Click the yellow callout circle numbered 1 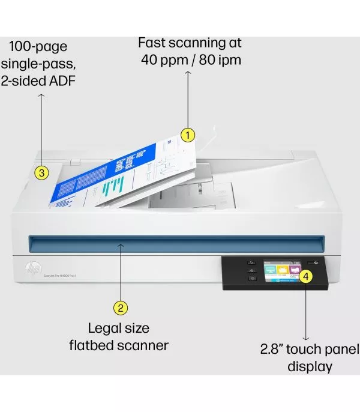(188, 135)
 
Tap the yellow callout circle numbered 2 (121, 308)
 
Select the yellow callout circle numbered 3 (41, 173)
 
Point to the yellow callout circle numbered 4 (305, 276)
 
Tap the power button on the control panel (316, 263)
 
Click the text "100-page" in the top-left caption (38, 46)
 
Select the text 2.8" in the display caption (273, 350)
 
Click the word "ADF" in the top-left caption (62, 80)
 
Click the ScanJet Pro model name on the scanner (60, 275)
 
